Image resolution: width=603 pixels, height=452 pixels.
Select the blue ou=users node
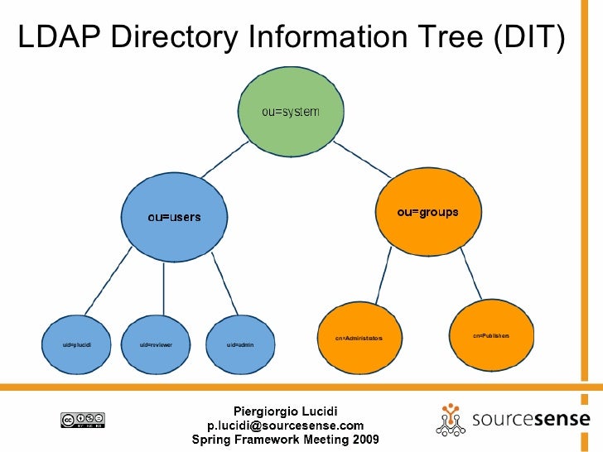tap(174, 216)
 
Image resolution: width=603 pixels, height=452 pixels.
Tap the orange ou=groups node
tap(427, 212)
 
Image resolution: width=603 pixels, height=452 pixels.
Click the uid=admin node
tap(239, 343)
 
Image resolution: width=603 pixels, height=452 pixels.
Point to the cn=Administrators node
tap(359, 339)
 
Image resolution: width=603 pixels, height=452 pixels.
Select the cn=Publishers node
tap(490, 335)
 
